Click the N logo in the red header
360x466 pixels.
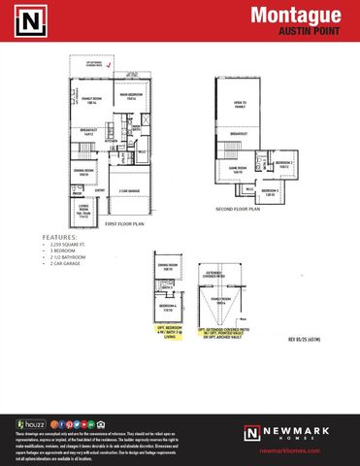[x=31, y=19]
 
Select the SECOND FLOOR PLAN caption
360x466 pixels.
[x=238, y=209]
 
